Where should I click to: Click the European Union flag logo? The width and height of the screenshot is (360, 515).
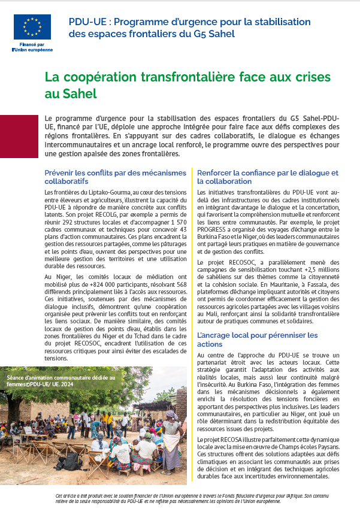coord(32,27)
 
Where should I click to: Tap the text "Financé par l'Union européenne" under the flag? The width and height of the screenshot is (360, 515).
coord(32,47)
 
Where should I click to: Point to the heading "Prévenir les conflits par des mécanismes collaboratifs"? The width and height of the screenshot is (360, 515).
coord(115,177)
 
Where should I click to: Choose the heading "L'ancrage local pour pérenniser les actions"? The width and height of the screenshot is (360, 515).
coord(258,339)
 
